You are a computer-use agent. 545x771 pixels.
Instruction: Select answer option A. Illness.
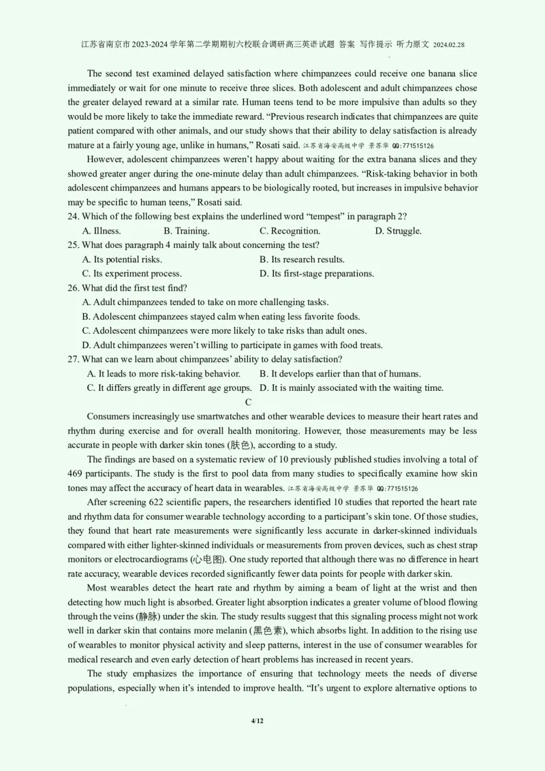point(102,231)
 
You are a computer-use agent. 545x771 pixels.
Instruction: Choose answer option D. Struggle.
point(399,231)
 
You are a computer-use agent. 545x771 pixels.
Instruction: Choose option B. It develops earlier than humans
point(341,373)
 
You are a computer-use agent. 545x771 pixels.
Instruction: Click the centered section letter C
point(249,402)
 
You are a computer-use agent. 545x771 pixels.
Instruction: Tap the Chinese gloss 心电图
point(208,559)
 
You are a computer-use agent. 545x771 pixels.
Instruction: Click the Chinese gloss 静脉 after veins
point(151,616)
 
